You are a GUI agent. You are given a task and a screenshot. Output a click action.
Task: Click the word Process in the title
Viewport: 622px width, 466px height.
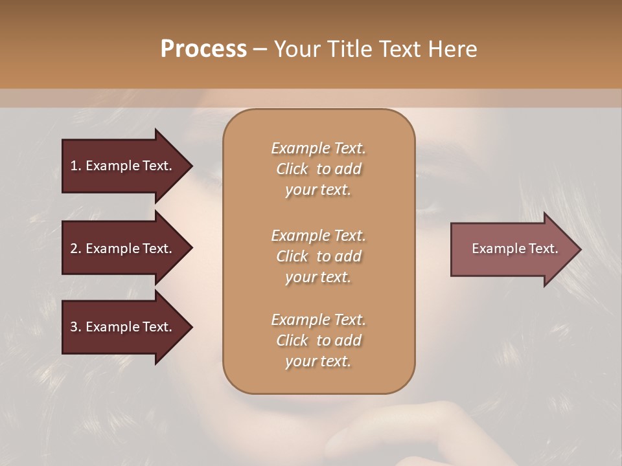(x=203, y=49)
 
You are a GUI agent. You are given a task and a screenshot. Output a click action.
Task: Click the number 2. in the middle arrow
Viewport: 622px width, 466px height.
(x=76, y=249)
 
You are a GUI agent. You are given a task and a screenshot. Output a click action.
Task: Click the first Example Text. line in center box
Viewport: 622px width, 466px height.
(x=318, y=148)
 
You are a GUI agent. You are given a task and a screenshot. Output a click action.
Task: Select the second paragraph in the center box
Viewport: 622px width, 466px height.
(x=318, y=256)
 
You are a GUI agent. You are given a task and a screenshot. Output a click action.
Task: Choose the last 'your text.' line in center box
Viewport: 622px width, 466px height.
(x=318, y=362)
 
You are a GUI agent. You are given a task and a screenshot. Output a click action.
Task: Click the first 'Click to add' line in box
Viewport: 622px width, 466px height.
(x=318, y=169)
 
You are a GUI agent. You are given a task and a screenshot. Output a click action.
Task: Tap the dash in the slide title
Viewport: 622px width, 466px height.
(x=260, y=49)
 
